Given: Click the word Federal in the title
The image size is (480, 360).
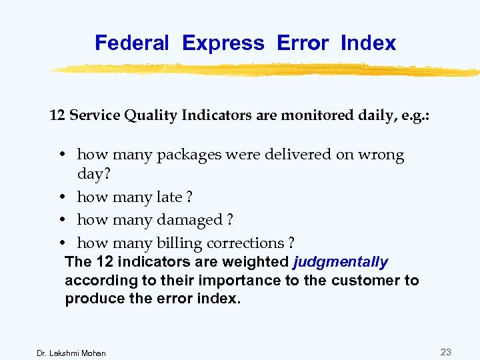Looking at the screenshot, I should coord(132,43).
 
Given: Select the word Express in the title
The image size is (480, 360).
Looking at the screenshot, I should coord(223,43).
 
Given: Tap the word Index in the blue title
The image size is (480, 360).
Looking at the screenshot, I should coord(368,43).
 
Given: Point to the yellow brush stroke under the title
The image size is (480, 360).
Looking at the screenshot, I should coord(267,69).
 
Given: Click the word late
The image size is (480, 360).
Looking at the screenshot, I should coord(169,197).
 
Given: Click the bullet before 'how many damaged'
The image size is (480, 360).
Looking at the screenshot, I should coord(61,220).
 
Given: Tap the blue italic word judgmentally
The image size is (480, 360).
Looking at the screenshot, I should coord(340,263).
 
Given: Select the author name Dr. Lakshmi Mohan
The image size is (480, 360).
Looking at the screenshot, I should coord(71,353).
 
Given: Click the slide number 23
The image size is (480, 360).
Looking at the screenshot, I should coord(446,352).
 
